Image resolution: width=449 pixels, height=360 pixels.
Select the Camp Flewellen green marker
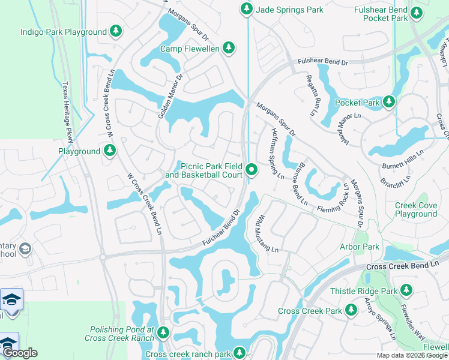tap(228, 48)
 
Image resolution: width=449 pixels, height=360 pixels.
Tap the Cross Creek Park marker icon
tap(351, 311)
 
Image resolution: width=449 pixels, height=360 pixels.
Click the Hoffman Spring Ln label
tap(277, 154)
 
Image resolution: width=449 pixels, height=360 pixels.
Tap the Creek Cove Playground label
tap(415, 209)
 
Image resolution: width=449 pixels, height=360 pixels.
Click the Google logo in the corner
tap(20, 353)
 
